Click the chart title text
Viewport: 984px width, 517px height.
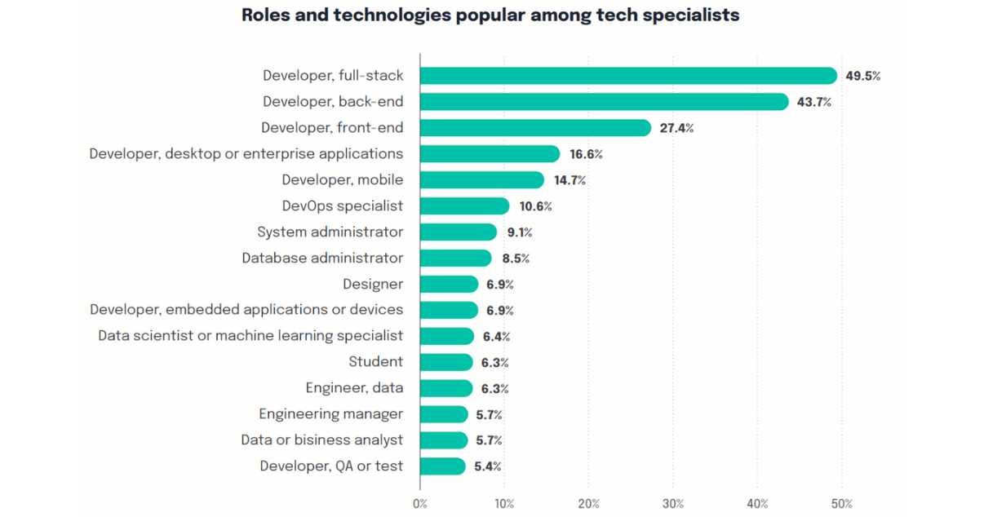[490, 15]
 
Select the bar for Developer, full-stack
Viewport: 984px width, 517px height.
[628, 76]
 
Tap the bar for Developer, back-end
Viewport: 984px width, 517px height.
[604, 102]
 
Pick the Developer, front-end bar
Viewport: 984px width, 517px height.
[535, 128]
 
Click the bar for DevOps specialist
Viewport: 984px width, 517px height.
[464, 206]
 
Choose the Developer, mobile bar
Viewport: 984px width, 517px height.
[481, 180]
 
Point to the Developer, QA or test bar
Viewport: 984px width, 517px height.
[442, 466]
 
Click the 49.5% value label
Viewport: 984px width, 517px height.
[862, 77]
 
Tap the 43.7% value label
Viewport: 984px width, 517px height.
[813, 103]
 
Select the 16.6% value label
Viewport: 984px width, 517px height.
[586, 154]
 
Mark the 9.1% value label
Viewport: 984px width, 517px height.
[519, 232]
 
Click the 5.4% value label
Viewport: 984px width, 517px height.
[487, 466]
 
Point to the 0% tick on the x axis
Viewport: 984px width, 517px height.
[420, 504]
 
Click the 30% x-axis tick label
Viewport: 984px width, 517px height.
[673, 504]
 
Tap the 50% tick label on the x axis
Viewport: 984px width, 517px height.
[842, 504]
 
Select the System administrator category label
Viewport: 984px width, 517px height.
[330, 232]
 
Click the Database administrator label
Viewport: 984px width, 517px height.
[322, 258]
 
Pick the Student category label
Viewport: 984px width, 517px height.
[375, 361]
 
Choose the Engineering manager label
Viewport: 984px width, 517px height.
[330, 413]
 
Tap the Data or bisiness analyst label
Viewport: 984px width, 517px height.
[321, 440]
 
